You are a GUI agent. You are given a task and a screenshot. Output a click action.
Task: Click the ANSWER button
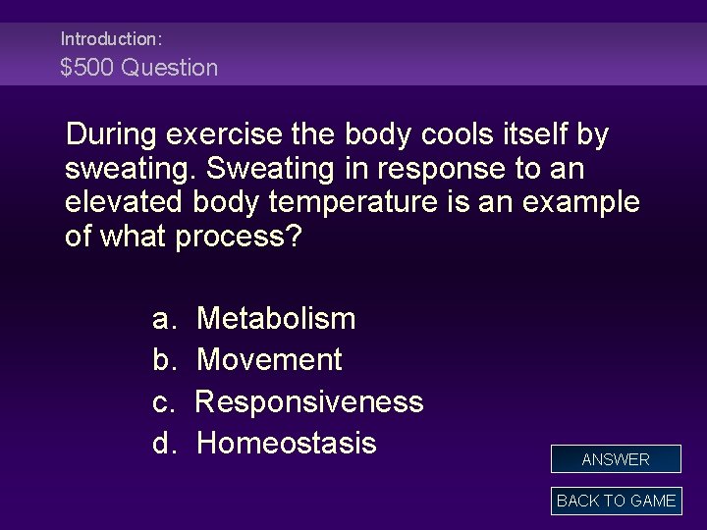616,459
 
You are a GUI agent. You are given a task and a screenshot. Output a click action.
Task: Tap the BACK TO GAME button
616,501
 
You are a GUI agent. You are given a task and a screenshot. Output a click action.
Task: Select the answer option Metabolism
276,318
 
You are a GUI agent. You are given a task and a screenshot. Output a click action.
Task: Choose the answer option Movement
269,359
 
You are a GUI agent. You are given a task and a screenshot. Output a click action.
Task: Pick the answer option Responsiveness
309,401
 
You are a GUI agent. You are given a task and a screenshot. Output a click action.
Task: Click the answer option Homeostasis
286,443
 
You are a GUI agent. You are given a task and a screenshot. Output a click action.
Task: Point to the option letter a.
163,318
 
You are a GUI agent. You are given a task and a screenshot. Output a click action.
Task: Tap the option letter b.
163,359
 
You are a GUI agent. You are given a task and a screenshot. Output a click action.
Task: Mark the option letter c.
163,401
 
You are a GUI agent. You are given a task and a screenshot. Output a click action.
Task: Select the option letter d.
163,443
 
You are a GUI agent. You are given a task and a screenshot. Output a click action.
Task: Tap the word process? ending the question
240,238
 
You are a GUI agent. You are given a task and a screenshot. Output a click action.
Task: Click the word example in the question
578,202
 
